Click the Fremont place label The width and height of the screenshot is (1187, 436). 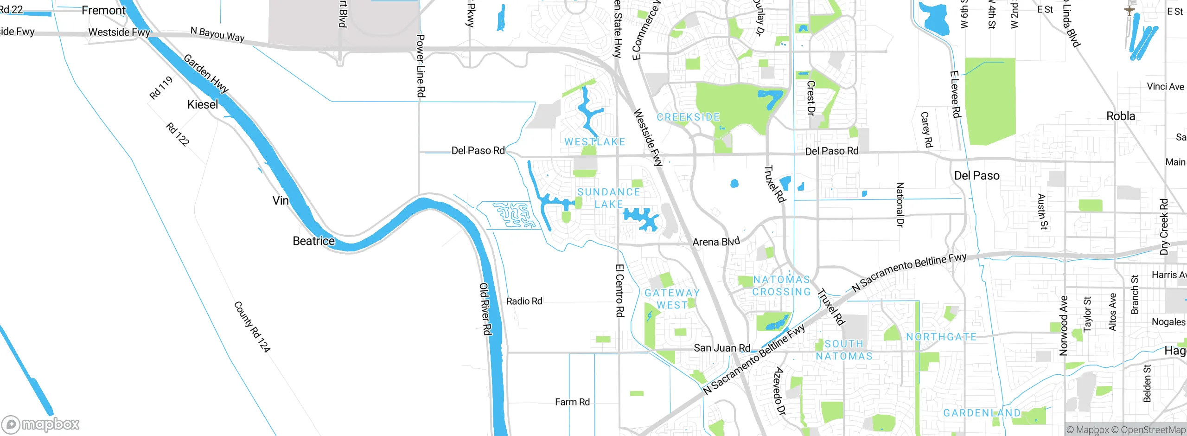tap(103, 10)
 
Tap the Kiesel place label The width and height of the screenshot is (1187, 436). tap(203, 104)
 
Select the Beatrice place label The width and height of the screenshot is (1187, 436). tap(313, 241)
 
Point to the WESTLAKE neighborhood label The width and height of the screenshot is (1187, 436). tap(595, 142)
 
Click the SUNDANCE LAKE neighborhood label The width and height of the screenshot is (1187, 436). tap(609, 198)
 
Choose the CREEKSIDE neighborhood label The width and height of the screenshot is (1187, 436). tap(688, 117)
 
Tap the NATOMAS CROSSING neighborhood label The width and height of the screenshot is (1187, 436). tap(781, 286)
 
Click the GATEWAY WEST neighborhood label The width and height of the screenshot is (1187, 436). tap(672, 299)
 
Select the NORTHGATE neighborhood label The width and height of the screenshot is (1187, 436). tap(941, 337)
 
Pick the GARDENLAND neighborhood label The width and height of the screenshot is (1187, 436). tap(982, 413)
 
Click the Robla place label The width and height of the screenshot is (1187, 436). tap(1121, 116)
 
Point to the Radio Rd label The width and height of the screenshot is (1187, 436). tap(524, 301)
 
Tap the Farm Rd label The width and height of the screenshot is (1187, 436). tap(572, 402)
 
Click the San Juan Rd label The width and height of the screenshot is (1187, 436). tap(721, 348)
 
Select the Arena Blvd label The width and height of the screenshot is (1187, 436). tap(716, 242)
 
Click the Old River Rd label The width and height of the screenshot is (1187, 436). tap(485, 309)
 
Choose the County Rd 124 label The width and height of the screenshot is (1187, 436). tap(252, 327)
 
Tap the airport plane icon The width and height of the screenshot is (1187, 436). tap(1130, 10)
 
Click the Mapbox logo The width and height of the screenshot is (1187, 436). tap(41, 424)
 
